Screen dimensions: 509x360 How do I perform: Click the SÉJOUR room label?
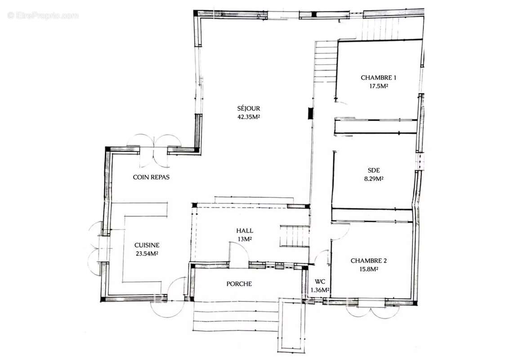pos(249,108)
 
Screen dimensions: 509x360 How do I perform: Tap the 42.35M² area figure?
pos(249,117)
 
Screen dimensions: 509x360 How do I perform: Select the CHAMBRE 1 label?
pos(379,78)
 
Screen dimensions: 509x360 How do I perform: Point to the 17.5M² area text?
pos(379,86)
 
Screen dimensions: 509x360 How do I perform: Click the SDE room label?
pos(374,170)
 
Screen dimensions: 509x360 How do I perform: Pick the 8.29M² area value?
pos(374,178)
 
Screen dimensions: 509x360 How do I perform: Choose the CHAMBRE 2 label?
pos(369,261)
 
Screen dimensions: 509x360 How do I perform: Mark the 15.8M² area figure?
pos(369,269)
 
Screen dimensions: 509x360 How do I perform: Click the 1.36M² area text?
pos(320,290)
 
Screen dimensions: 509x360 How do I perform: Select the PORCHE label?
pos(239,284)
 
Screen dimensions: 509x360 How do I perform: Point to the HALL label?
pos(245,231)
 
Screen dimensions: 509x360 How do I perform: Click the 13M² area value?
pos(245,239)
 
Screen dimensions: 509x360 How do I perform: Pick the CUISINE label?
pos(147,245)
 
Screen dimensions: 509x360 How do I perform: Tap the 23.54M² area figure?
pos(147,254)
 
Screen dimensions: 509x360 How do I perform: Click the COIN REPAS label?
pos(151,177)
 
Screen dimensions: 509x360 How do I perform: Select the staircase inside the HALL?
pos(295,236)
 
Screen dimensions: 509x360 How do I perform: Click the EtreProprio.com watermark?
pos(43,15)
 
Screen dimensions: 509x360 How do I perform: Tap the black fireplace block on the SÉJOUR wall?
pos(310,113)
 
